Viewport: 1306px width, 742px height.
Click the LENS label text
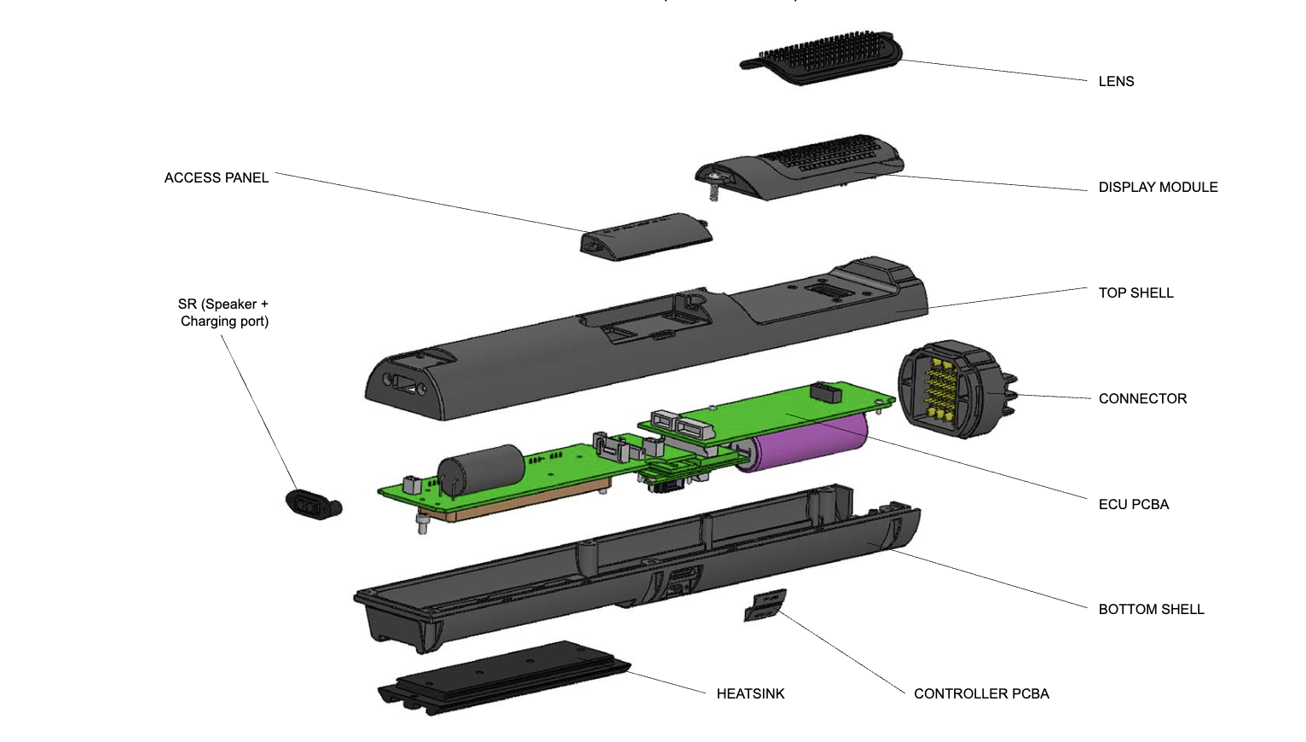(1116, 82)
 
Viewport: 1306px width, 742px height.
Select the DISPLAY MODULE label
(1158, 188)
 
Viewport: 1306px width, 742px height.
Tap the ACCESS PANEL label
(217, 178)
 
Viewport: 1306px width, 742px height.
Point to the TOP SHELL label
(1136, 293)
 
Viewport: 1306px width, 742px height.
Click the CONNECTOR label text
(1142, 399)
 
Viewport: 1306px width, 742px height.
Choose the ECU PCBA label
(1133, 505)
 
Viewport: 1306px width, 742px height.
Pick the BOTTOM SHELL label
(1151, 610)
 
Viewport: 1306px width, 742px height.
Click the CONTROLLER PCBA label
(981, 694)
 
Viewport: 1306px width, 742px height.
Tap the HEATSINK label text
(750, 694)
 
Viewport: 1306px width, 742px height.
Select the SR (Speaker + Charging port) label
(224, 313)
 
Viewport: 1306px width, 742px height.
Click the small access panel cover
(645, 236)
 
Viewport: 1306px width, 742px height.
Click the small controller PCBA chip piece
(765, 606)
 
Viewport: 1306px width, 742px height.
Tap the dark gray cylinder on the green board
(482, 470)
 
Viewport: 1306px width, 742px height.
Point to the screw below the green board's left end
(422, 523)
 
